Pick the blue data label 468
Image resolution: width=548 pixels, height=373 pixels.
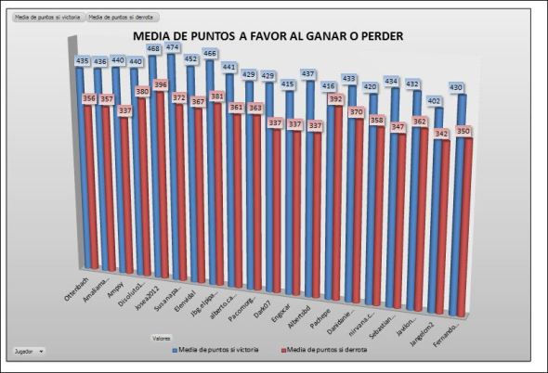pos(154,48)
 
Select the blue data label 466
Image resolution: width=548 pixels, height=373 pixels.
pos(212,54)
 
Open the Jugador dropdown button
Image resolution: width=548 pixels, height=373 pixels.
pos(29,352)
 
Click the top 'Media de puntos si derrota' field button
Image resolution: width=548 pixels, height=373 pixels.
pos(122,18)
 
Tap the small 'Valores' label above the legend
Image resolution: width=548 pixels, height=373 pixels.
pos(163,339)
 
